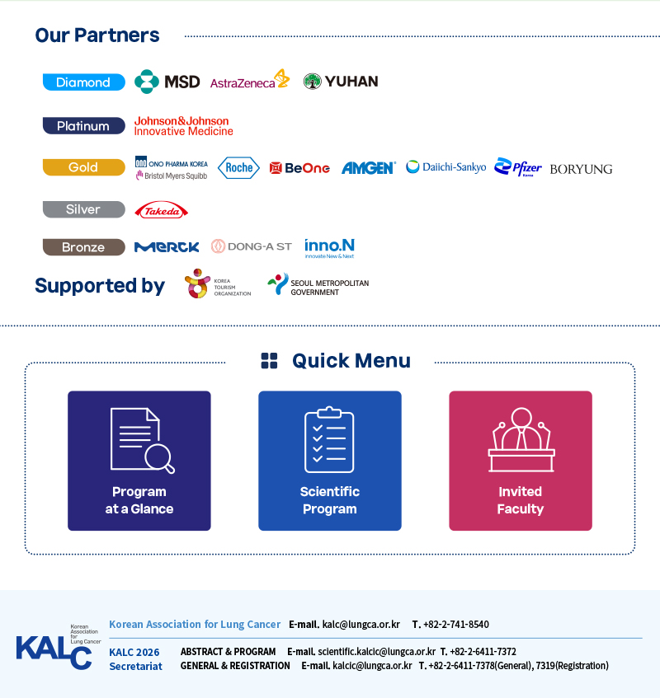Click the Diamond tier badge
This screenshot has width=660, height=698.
[x=84, y=82]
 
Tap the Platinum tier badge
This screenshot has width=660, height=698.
[x=84, y=126]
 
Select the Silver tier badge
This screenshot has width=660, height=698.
[x=84, y=209]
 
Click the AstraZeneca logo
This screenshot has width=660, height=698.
[x=250, y=80]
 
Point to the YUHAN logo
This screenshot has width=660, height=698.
[x=341, y=82]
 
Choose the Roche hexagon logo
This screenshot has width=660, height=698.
[x=238, y=168]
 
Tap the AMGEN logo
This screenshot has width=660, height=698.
[x=369, y=168]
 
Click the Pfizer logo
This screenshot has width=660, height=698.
[x=518, y=167]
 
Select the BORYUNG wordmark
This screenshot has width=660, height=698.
[x=581, y=169]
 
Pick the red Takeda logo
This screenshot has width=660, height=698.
[x=162, y=210]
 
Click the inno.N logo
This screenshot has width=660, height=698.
[x=329, y=248]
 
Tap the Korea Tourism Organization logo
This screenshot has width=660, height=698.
[x=218, y=283]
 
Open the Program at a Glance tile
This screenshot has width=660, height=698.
[x=139, y=461]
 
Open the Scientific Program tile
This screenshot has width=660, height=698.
[x=330, y=461]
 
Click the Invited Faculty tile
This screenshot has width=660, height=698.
[x=521, y=461]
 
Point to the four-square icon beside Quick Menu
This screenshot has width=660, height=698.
[x=269, y=361]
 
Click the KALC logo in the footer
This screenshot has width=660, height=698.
[x=59, y=647]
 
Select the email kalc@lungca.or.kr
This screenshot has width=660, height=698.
[x=361, y=625]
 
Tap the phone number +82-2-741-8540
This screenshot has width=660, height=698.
[x=456, y=625]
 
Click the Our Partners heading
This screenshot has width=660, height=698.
[x=97, y=35]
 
